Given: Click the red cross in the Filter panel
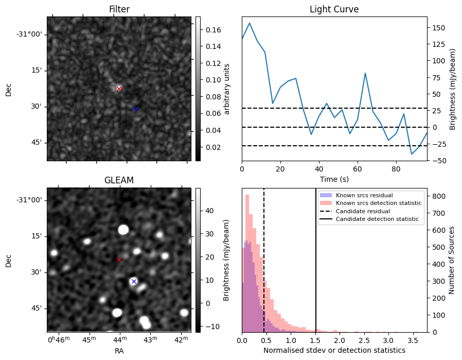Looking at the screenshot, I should [x=119, y=89].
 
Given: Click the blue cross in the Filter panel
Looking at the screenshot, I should [x=135, y=109].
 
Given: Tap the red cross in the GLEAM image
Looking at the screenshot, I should [x=119, y=260].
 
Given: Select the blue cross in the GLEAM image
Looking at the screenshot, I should [x=134, y=281].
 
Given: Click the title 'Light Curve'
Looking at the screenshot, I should [x=334, y=9].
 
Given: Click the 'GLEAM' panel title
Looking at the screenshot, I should [x=119, y=180].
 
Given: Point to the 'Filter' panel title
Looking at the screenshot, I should [x=119, y=9].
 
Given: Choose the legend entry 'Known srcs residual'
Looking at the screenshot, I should [x=364, y=195].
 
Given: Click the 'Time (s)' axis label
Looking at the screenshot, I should [x=334, y=179].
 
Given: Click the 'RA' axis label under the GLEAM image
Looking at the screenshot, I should [x=119, y=351].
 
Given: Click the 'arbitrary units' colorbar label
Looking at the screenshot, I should [x=226, y=89].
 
